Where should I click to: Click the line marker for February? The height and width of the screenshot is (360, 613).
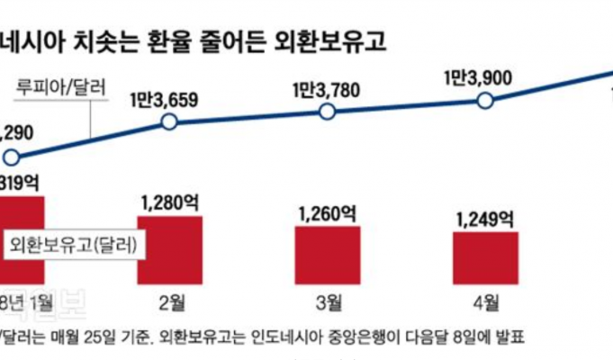[x=167, y=122]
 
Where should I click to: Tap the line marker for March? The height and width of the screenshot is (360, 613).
[x=327, y=112]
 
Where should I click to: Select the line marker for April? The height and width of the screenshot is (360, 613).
[x=485, y=100]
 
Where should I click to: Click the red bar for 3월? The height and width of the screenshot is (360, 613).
[x=328, y=255]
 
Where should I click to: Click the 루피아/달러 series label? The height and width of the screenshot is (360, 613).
[x=62, y=88]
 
